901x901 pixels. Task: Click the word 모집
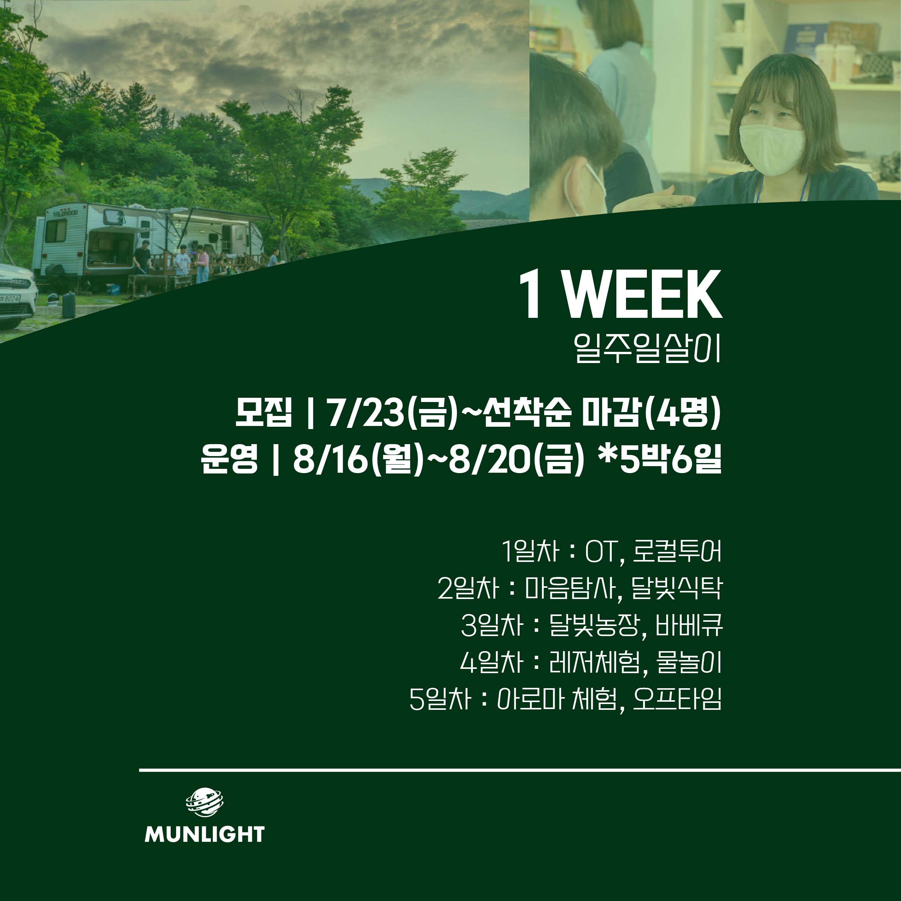263,413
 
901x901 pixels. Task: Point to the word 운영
229,459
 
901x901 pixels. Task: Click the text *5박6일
660,458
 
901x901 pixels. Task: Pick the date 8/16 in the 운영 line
331,459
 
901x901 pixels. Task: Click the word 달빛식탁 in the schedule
677,588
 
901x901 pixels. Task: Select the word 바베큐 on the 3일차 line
689,625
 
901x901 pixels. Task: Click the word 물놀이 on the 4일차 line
689,662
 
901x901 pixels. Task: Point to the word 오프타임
677,699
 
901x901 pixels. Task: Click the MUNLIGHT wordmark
205,834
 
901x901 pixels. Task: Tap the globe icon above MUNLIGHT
205,802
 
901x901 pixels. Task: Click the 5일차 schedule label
440,699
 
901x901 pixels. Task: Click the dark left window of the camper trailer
56,231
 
